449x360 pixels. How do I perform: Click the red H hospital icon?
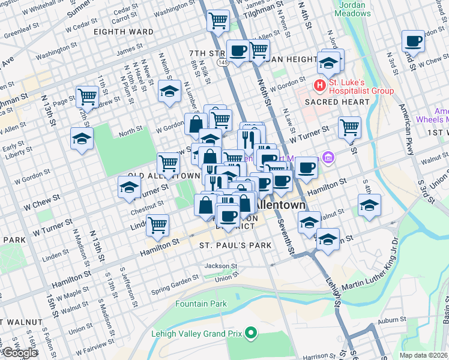[320, 85]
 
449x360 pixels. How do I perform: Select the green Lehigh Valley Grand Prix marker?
[252, 331]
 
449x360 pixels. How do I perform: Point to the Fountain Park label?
[201, 304]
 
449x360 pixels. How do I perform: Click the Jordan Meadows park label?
[352, 8]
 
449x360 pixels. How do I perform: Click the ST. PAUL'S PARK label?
[236, 245]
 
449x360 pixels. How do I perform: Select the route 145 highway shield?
[223, 63]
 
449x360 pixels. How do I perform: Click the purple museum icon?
[328, 158]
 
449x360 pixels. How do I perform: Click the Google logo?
[19, 353]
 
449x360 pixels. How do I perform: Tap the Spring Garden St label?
[175, 280]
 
